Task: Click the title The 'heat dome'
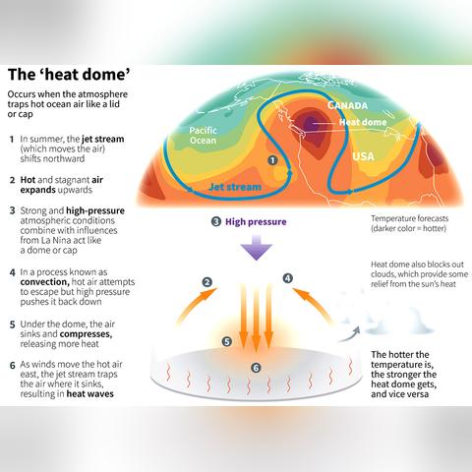point(69,75)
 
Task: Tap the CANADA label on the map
point(347,105)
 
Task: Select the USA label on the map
point(363,156)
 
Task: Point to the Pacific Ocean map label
point(203,136)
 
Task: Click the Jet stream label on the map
point(235,187)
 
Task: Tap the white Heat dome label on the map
point(363,122)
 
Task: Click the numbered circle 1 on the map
point(272,160)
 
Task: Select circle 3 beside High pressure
point(216,222)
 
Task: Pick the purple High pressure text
point(256,222)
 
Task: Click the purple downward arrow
point(257,248)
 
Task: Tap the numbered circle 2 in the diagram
point(207,282)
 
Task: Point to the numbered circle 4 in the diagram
point(288,278)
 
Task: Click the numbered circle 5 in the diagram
point(227,341)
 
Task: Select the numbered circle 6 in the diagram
point(256,368)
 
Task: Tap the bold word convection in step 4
point(44,282)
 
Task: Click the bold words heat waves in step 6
point(90,393)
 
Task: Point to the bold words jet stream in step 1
point(103,139)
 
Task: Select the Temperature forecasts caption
point(409,223)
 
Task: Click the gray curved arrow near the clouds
point(350,334)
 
